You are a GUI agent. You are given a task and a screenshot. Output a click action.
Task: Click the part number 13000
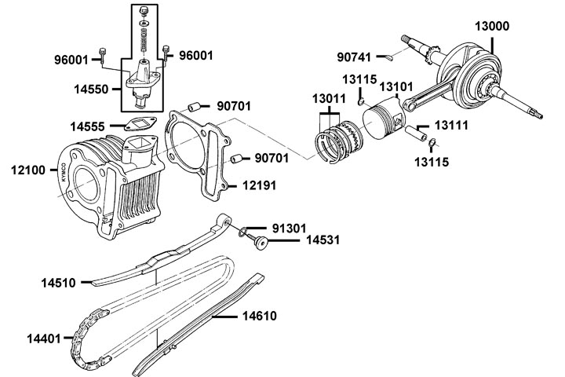pyautogui.click(x=492, y=26)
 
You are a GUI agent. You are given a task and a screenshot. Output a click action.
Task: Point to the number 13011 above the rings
pyautogui.click(x=330, y=100)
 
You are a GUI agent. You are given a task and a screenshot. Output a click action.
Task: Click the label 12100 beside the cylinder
pyautogui.click(x=30, y=168)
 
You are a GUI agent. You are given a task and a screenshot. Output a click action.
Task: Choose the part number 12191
pyautogui.click(x=257, y=185)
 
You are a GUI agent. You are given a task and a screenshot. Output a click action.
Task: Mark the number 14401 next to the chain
pyautogui.click(x=45, y=339)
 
